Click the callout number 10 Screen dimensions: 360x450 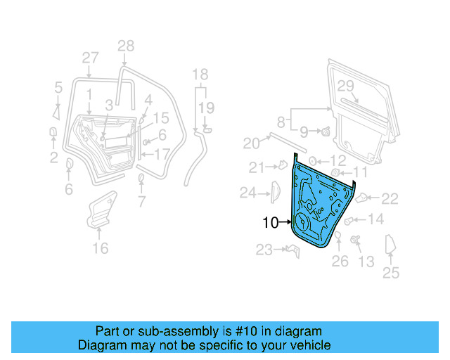click(270, 223)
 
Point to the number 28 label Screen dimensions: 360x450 click(125, 46)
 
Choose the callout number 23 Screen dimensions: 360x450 click(264, 250)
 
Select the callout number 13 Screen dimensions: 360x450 click(366, 262)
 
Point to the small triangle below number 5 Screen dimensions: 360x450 click(56, 112)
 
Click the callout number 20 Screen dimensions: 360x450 click(251, 143)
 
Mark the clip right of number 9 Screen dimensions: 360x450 click(327, 131)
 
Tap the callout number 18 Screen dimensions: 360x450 click(200, 75)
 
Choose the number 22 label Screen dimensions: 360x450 click(390, 200)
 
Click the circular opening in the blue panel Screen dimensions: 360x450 click(303, 222)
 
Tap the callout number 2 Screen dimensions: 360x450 click(53, 158)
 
